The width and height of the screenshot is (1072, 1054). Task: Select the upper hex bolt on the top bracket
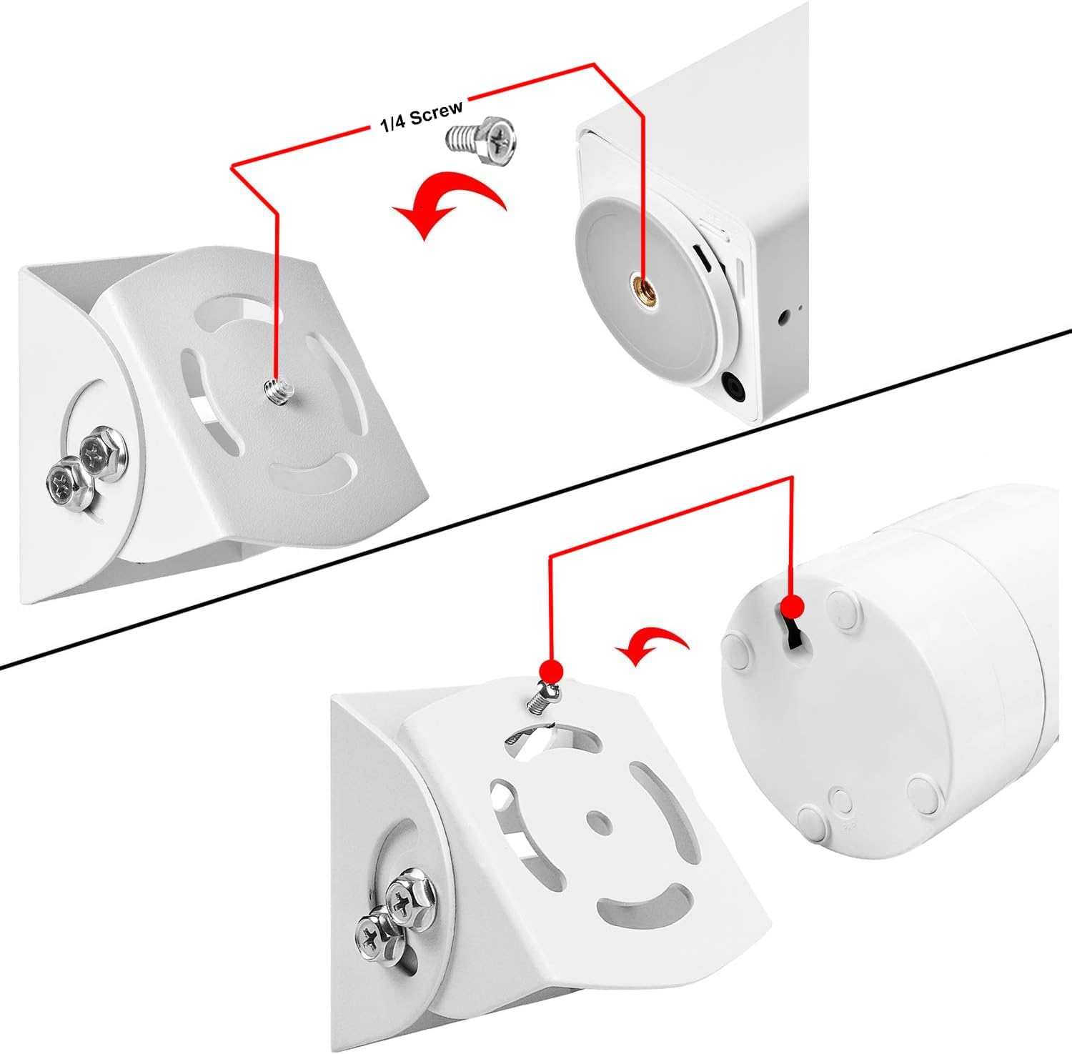coord(103,452)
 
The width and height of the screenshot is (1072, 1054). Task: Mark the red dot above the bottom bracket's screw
coord(550,671)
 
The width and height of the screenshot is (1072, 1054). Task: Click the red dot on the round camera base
coord(791,608)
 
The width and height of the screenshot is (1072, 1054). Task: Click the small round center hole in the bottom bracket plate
coord(595,820)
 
